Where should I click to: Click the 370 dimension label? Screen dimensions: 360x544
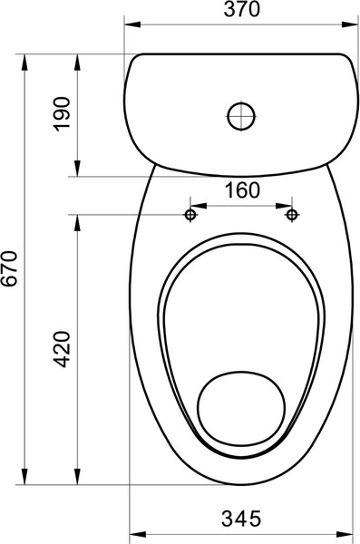(x=241, y=9)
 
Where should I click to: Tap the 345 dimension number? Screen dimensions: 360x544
(x=241, y=519)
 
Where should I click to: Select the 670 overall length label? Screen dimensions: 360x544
(x=9, y=268)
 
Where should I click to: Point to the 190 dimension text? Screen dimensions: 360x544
(x=63, y=114)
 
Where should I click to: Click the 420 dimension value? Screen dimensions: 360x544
(x=63, y=349)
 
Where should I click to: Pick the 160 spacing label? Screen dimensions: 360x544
(x=242, y=190)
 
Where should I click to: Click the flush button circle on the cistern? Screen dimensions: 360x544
(x=241, y=116)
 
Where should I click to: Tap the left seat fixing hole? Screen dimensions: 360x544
(x=190, y=215)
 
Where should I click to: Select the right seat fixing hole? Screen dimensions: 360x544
(x=292, y=215)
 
